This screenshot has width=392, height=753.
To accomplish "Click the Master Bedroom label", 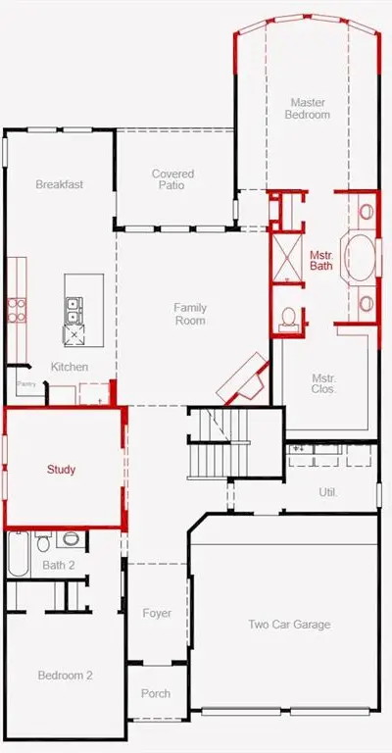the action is click(307, 109).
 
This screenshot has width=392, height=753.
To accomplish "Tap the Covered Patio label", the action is click(172, 179).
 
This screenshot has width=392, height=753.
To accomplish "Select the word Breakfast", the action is click(60, 184).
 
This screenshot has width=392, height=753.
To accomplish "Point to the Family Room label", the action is click(190, 314).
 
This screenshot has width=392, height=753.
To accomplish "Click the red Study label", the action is click(61, 470).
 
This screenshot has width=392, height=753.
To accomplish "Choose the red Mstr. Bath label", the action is click(321, 260).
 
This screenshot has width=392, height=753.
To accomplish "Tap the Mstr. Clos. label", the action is click(323, 383).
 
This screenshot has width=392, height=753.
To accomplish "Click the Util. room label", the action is click(328, 492).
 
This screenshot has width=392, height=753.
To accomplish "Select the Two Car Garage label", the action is click(289, 625).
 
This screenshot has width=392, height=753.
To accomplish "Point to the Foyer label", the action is click(157, 613).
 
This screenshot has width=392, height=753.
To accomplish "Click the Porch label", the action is click(156, 693).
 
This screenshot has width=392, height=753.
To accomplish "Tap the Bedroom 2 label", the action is click(66, 676).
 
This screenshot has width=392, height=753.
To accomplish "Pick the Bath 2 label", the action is click(59, 565).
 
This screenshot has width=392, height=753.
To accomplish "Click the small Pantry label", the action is click(25, 384).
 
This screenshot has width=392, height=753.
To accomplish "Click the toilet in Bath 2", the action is click(43, 541).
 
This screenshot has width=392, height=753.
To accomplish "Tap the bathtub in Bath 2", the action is click(19, 554).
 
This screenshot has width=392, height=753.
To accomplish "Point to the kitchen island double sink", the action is click(73, 310).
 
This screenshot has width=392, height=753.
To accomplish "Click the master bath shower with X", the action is click(287, 259).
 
